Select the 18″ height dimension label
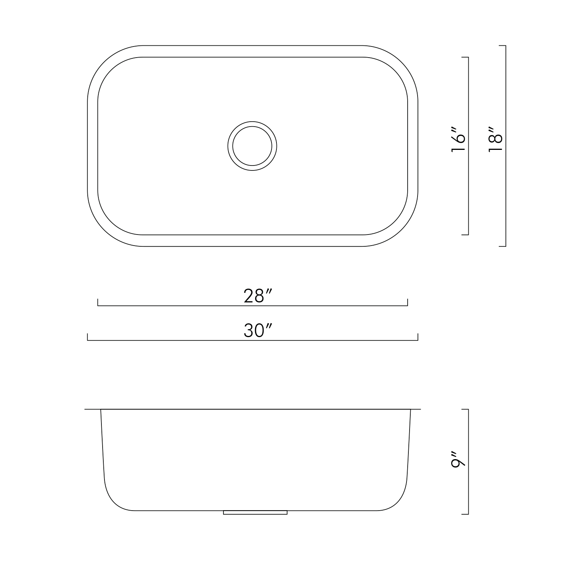point(496,143)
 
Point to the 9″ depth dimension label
point(458,460)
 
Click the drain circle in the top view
point(252,146)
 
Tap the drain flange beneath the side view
point(255,513)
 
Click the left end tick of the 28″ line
point(98,302)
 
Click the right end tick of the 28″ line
point(408,302)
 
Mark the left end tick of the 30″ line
point(88,337)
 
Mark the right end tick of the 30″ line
point(418,337)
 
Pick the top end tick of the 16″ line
point(465,57)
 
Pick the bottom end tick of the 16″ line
point(465,235)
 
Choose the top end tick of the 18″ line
point(503,46)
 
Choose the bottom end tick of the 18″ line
point(503,246)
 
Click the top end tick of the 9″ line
point(465,410)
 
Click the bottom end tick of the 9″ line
point(465,514)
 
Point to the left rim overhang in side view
point(92,410)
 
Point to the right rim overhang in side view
point(416,410)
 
